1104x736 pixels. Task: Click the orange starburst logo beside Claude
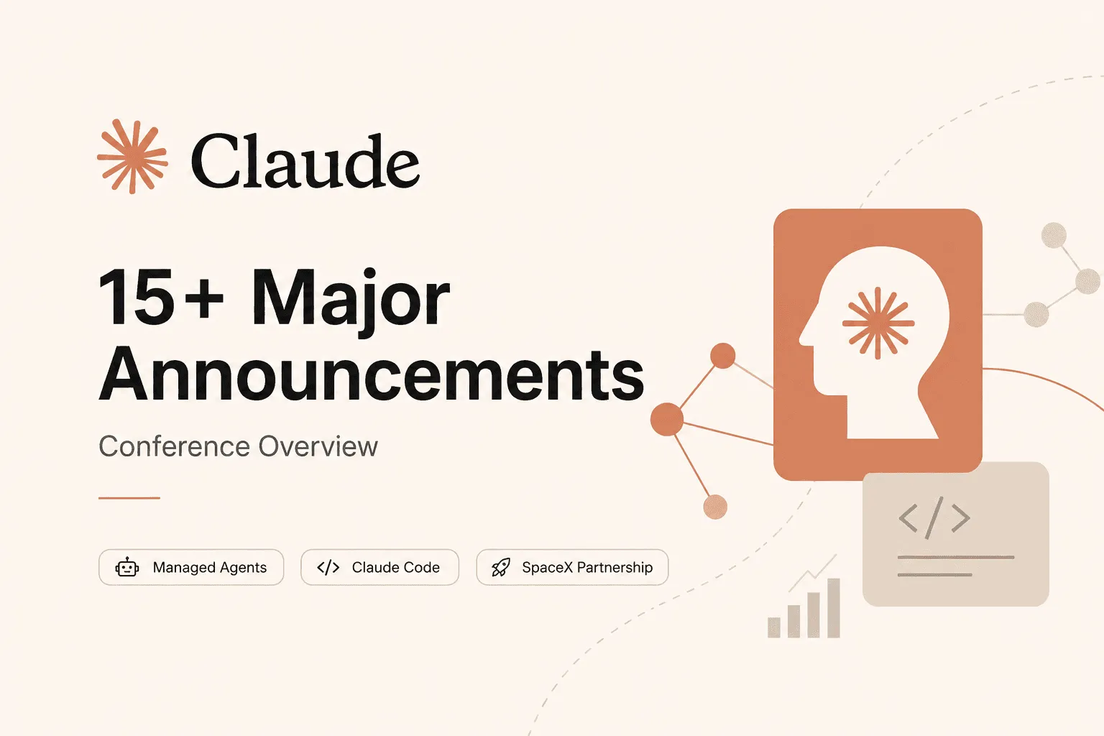(132, 156)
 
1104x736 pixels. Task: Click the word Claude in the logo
(305, 161)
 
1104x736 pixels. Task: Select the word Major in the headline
(351, 302)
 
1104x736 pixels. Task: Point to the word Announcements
(372, 374)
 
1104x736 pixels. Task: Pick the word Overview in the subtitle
(318, 446)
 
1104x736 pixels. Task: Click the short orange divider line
(129, 498)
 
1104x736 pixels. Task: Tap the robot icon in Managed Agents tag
(127, 567)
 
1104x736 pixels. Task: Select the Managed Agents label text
(209, 567)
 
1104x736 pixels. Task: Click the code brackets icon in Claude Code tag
(328, 567)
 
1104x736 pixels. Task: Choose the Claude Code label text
(396, 567)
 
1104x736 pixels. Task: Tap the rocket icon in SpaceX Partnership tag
(501, 567)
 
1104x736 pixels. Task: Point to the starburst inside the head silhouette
(878, 323)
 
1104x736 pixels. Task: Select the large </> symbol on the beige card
(934, 517)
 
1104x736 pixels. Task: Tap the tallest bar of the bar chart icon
(834, 608)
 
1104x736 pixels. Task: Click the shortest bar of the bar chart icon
(774, 627)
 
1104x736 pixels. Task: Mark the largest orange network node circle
(667, 420)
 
